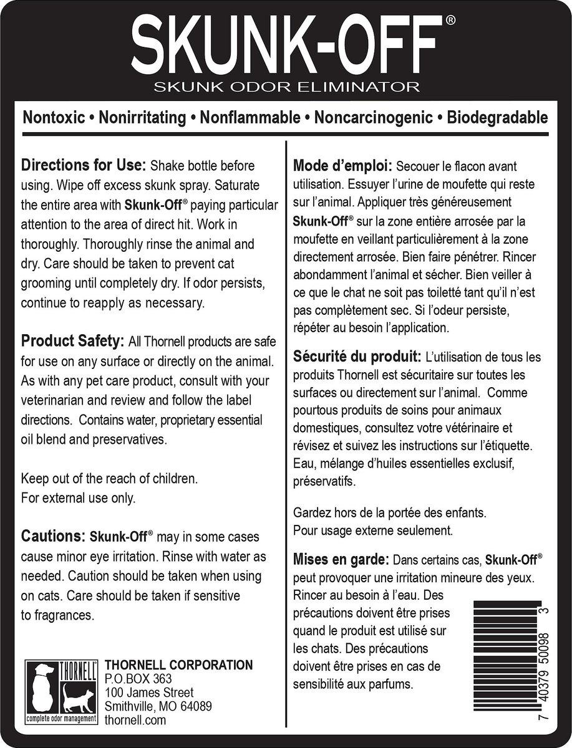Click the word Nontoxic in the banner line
click(x=51, y=118)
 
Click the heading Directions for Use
click(x=84, y=166)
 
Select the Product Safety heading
click(x=74, y=342)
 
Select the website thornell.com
click(x=135, y=720)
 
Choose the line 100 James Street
click(x=149, y=693)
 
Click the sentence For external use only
click(x=78, y=498)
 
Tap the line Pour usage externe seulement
click(x=372, y=530)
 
